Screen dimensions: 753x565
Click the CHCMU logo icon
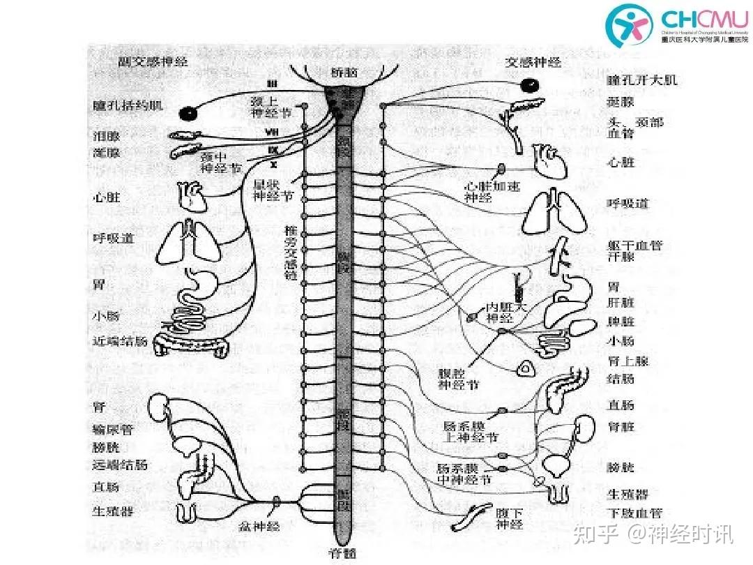(629, 25)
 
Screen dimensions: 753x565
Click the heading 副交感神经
(153, 62)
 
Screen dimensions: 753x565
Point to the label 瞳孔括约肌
(128, 105)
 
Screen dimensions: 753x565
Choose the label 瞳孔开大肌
(642, 80)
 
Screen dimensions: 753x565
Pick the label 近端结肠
(120, 341)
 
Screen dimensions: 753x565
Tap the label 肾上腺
(627, 361)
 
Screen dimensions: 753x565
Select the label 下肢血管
(634, 513)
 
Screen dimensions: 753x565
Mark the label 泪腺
(107, 135)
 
